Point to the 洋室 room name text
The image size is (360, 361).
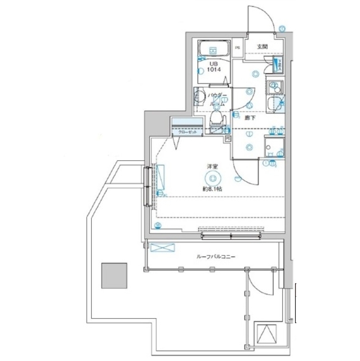(x=212, y=167)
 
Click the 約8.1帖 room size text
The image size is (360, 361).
(x=212, y=189)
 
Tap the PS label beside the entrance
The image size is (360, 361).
(x=238, y=47)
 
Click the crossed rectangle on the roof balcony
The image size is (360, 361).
(x=163, y=248)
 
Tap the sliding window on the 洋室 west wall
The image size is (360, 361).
(x=148, y=187)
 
